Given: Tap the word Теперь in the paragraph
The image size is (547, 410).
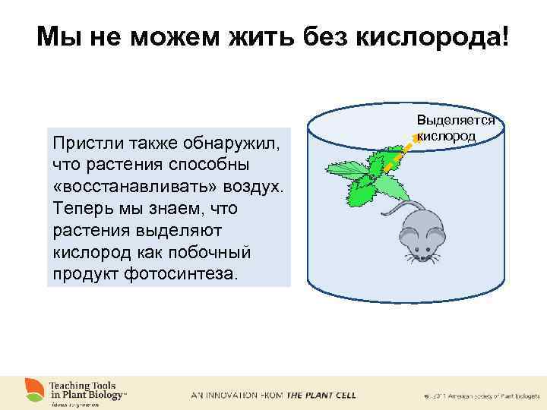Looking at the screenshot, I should (78, 208).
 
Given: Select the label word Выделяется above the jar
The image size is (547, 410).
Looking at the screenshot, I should (455, 120).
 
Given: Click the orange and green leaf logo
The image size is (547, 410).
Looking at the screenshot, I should (33, 390).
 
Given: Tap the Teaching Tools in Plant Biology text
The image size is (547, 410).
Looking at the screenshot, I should (87, 389).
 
